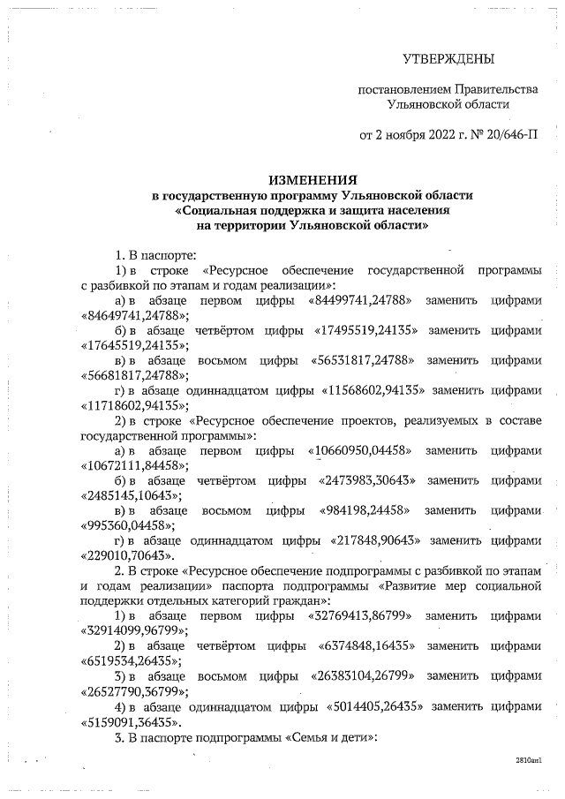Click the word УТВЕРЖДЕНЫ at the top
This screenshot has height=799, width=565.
tap(448, 59)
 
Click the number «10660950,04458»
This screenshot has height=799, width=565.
tap(361, 450)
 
